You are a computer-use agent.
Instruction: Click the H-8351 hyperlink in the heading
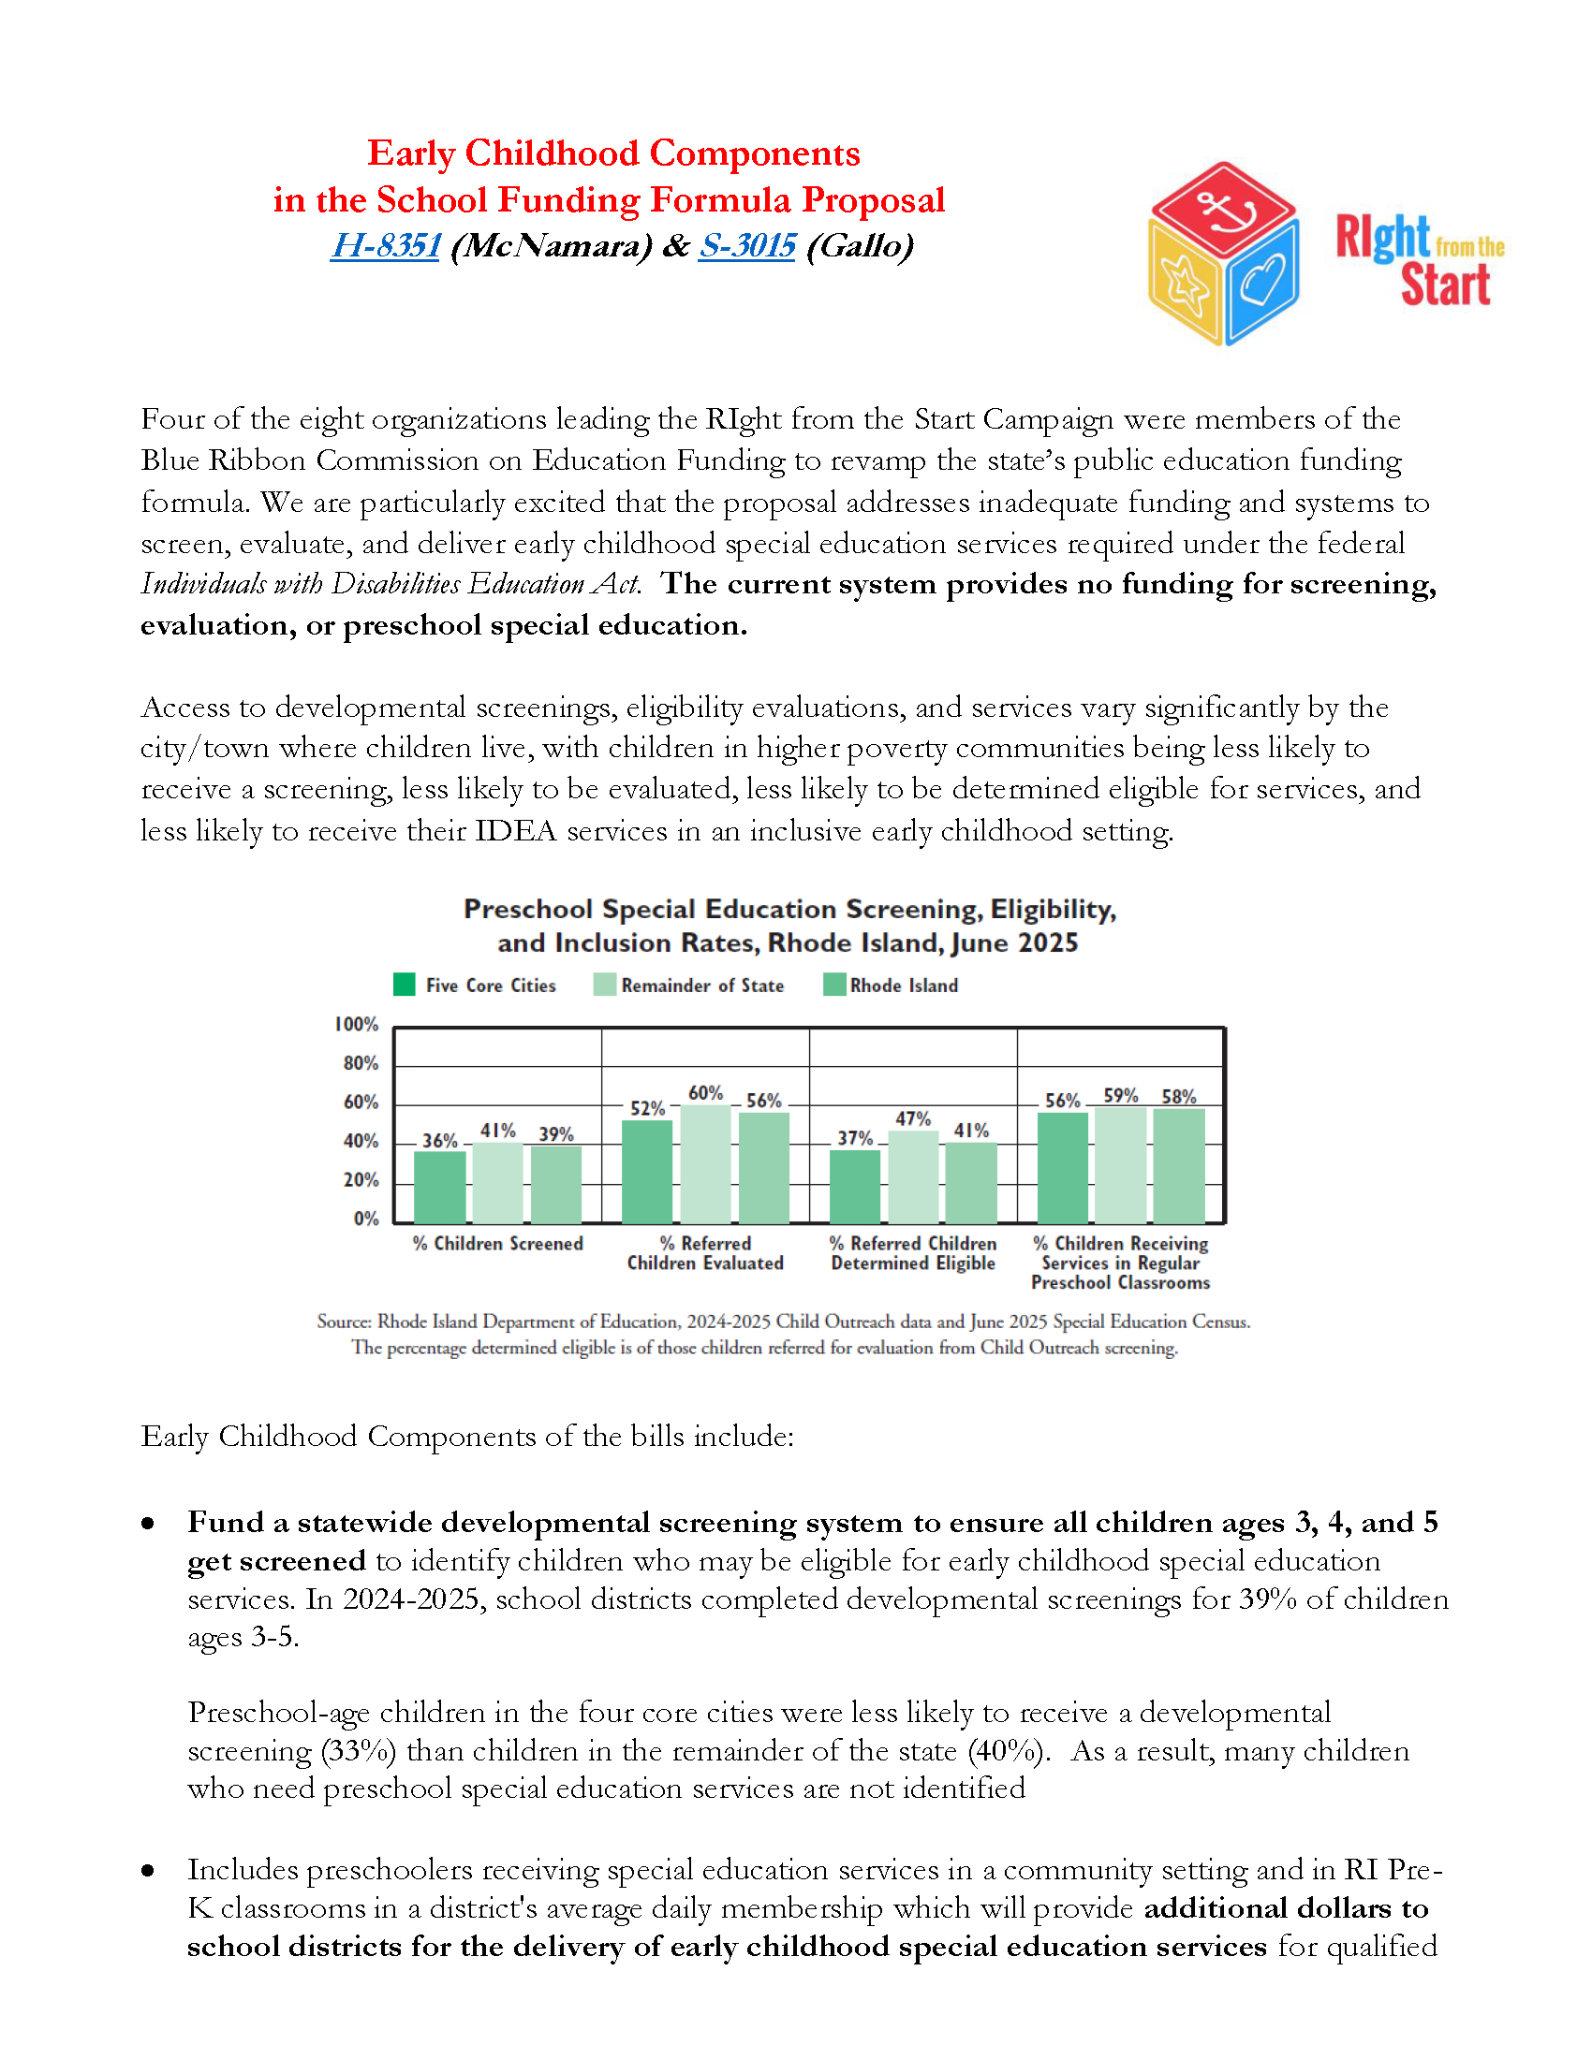click(385, 246)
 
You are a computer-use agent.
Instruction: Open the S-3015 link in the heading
click(747, 246)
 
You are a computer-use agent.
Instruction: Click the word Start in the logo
click(1445, 285)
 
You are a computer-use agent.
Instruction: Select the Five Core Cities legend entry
click(476, 986)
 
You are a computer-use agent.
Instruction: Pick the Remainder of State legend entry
click(689, 986)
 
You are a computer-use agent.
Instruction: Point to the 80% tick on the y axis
click(361, 1063)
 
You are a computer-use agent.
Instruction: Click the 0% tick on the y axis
click(366, 1219)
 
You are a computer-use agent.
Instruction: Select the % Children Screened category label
click(498, 1244)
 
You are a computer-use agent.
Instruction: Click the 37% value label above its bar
click(854, 1138)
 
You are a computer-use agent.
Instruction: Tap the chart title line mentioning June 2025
click(788, 942)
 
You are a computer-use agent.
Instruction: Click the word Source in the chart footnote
click(344, 1322)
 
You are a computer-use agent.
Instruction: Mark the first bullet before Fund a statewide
click(148, 1524)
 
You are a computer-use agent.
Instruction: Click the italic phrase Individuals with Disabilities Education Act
click(391, 585)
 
